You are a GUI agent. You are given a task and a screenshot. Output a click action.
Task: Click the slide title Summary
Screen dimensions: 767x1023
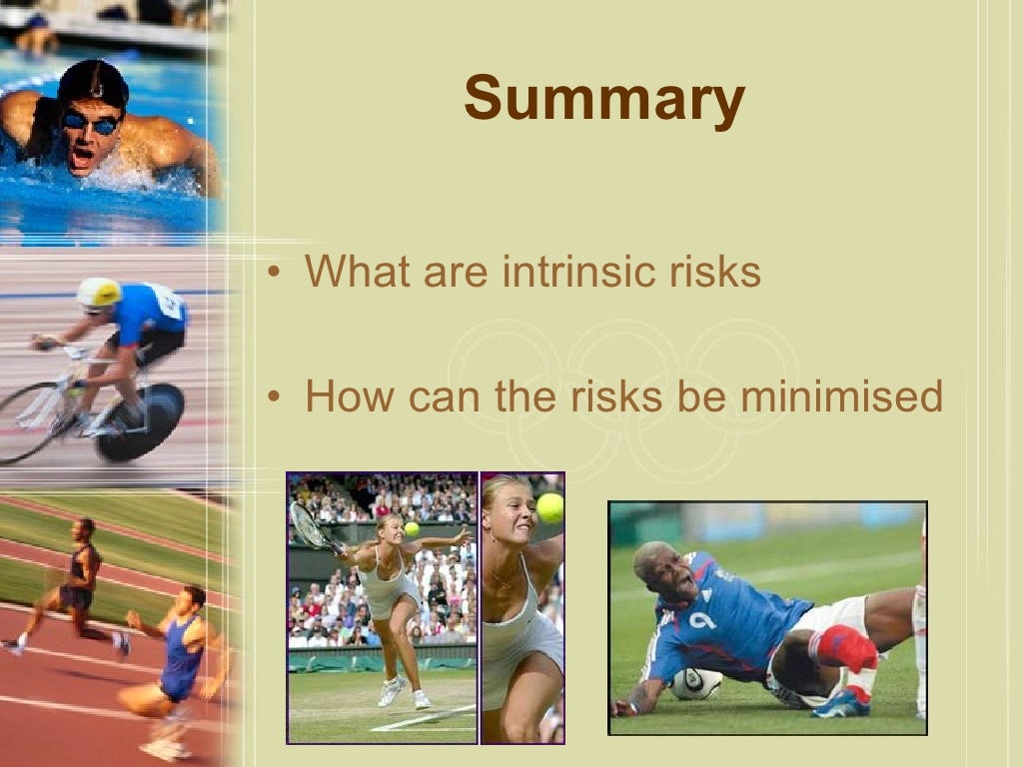click(603, 100)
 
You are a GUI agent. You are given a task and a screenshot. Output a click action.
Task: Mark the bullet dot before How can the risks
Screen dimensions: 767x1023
click(272, 398)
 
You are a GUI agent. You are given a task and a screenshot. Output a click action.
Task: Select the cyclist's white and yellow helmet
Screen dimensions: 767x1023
click(99, 292)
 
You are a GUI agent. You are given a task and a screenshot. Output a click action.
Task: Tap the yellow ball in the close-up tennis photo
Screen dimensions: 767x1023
click(549, 507)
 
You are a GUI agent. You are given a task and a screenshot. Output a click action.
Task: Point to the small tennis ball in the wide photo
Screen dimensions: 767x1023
click(411, 528)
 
